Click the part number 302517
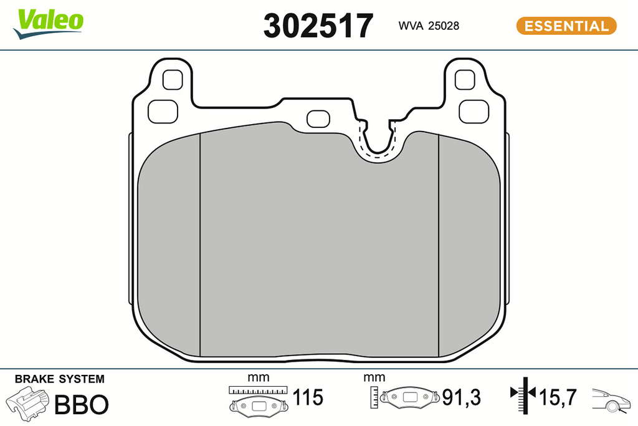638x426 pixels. pyautogui.click(x=318, y=26)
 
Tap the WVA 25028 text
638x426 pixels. pyautogui.click(x=429, y=26)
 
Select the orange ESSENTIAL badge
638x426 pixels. pyautogui.click(x=566, y=26)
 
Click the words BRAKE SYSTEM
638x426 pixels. pyautogui.click(x=59, y=379)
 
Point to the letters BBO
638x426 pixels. pyautogui.click(x=82, y=404)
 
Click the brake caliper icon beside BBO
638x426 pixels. pyautogui.click(x=27, y=403)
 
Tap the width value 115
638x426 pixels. pyautogui.click(x=308, y=397)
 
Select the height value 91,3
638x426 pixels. pyautogui.click(x=462, y=397)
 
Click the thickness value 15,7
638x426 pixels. pyautogui.click(x=558, y=397)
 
